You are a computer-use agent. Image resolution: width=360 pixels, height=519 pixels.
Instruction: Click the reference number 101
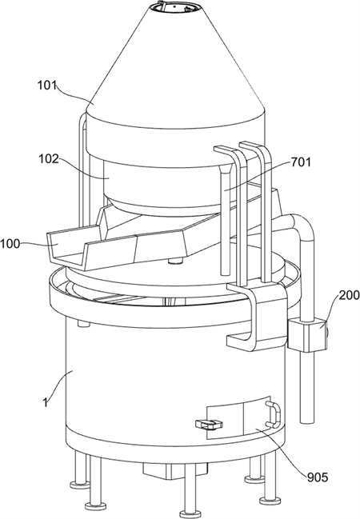point(46,85)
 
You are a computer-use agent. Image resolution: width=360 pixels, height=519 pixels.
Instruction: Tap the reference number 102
point(48,159)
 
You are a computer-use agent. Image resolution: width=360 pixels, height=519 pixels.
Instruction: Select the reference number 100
point(10,244)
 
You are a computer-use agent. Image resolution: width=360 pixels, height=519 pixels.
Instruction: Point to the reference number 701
point(301,162)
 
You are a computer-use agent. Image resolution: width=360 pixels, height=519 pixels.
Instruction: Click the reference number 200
point(349,295)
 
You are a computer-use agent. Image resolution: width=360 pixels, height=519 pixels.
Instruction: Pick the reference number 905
point(318,477)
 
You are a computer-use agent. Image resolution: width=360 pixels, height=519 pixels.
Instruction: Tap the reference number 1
point(45,402)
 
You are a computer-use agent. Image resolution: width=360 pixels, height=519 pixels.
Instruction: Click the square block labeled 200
point(308,334)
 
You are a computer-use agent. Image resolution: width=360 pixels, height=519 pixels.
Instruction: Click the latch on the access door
point(209,424)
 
